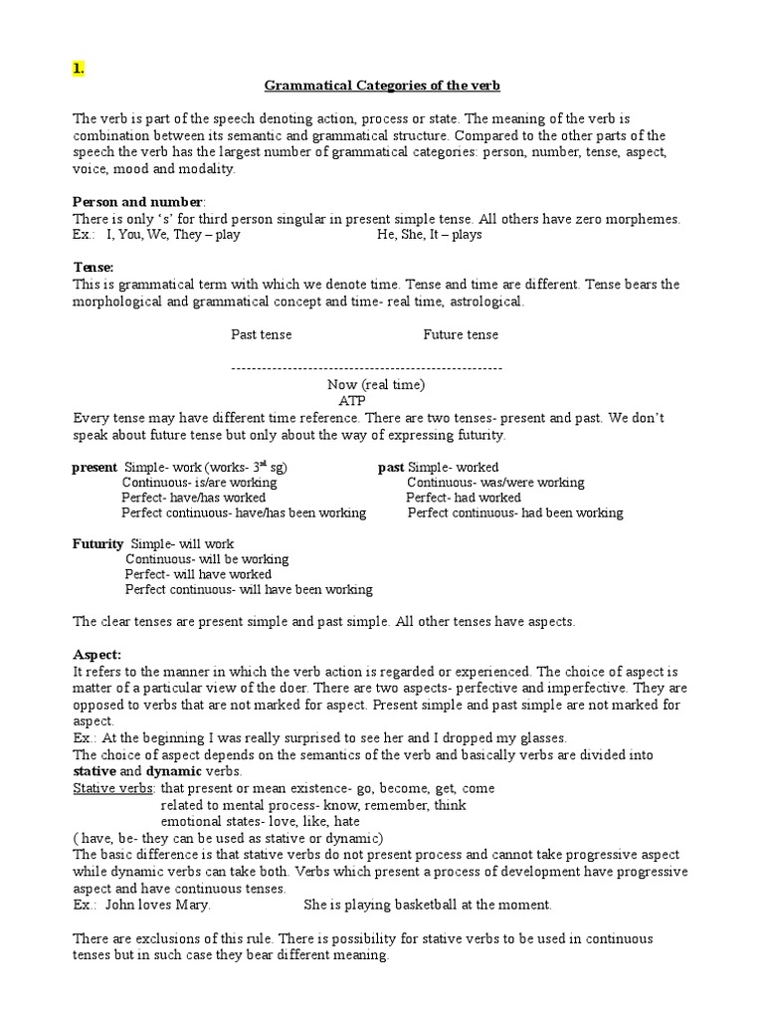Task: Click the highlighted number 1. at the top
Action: (79, 68)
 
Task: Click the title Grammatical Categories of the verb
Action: (381, 86)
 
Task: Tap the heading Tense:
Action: (94, 268)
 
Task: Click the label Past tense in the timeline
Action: (262, 334)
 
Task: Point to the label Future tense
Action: (461, 334)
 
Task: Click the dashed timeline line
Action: (366, 368)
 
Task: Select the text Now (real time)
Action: (376, 384)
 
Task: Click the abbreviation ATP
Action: (352, 400)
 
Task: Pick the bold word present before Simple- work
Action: (95, 467)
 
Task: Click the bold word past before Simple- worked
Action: (391, 467)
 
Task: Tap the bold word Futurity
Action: (98, 543)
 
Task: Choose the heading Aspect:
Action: (97, 654)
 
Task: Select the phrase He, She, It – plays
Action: (430, 235)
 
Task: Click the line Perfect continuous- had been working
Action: (515, 512)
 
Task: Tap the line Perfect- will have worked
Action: (198, 574)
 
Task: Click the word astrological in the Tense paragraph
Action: (484, 301)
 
